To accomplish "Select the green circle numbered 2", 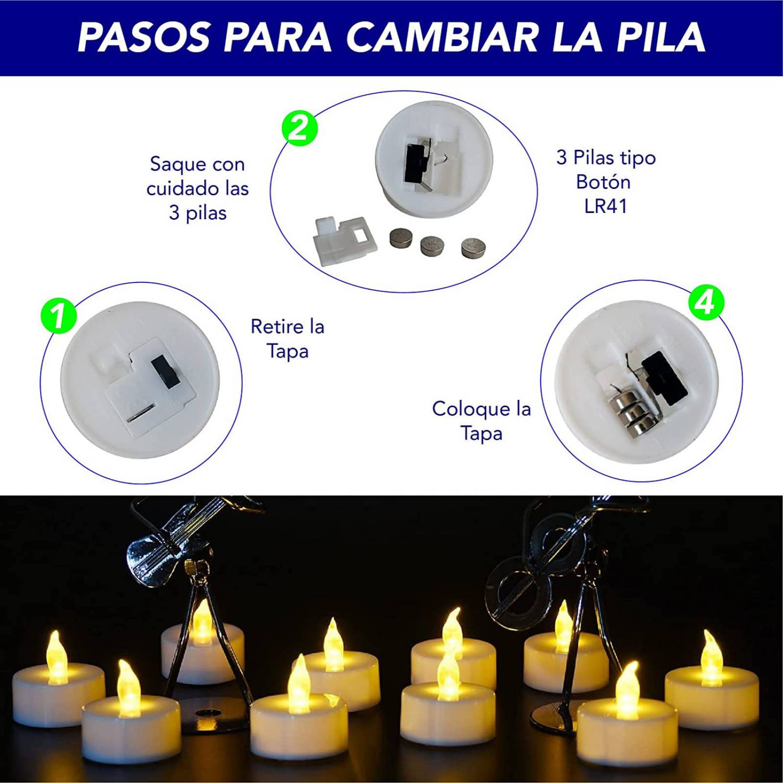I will point(299,129).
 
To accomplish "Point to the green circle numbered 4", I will point(706,303).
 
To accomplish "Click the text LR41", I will point(606,206).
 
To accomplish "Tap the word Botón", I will point(603,182).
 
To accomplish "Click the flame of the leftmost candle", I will point(55,655).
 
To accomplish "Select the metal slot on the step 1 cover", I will point(141,414).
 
